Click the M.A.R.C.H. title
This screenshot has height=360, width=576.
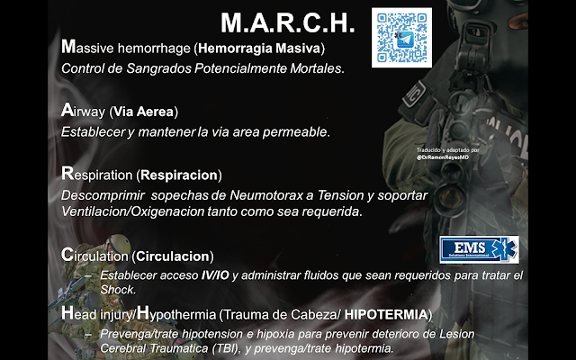pos(288,23)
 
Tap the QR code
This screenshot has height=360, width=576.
pos(401,38)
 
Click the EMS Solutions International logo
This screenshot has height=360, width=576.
pos(479,249)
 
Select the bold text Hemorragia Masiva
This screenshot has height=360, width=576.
pos(259,49)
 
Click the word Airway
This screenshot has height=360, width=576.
pos(83,111)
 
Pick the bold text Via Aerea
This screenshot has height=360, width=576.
pos(143,112)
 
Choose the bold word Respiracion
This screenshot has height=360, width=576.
pos(179,175)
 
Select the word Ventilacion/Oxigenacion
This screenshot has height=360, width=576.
pos(132,211)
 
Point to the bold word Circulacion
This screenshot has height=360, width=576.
pos(173,256)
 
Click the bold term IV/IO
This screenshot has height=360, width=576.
pos(215,275)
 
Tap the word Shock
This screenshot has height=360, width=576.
pos(118,290)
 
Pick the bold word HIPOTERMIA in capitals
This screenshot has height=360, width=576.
pos(386,315)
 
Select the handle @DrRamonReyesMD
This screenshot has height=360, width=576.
pos(443,157)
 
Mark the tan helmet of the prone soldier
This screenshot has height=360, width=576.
pos(118,244)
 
